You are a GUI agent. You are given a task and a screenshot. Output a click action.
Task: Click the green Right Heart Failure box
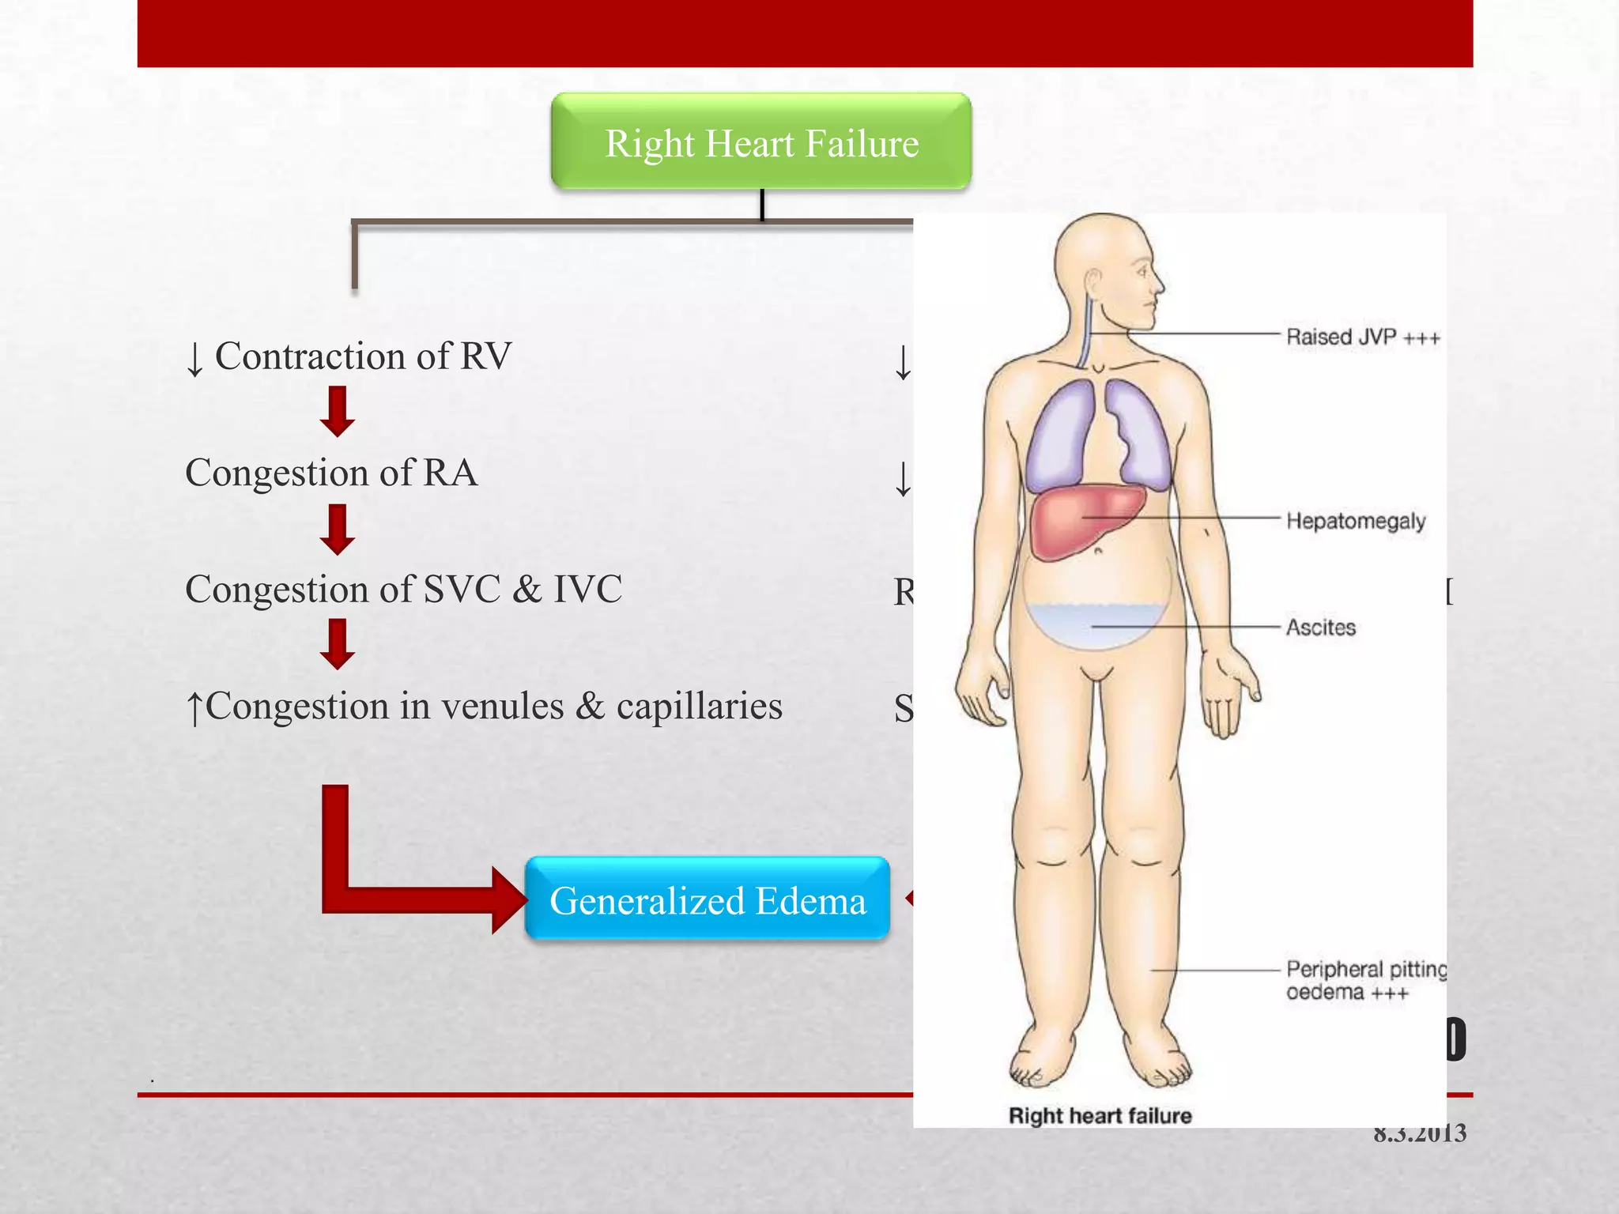point(761,142)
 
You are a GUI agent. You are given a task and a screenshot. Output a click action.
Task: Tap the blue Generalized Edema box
point(708,899)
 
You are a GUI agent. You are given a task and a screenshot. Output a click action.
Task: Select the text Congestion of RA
point(331,473)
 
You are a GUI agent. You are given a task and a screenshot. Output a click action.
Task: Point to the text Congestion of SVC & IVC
point(403,589)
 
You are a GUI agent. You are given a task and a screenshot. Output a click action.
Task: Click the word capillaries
point(699,706)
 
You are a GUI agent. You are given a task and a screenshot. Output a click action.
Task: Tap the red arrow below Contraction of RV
point(338,412)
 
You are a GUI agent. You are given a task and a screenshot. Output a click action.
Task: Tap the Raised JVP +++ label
point(1363,337)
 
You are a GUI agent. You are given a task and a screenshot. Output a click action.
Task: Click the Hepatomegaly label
point(1355,521)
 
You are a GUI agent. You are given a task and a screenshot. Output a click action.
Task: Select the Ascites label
point(1320,628)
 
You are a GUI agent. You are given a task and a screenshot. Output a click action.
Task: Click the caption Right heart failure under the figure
point(1100,1115)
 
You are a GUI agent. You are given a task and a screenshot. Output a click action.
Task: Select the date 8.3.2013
point(1419,1133)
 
